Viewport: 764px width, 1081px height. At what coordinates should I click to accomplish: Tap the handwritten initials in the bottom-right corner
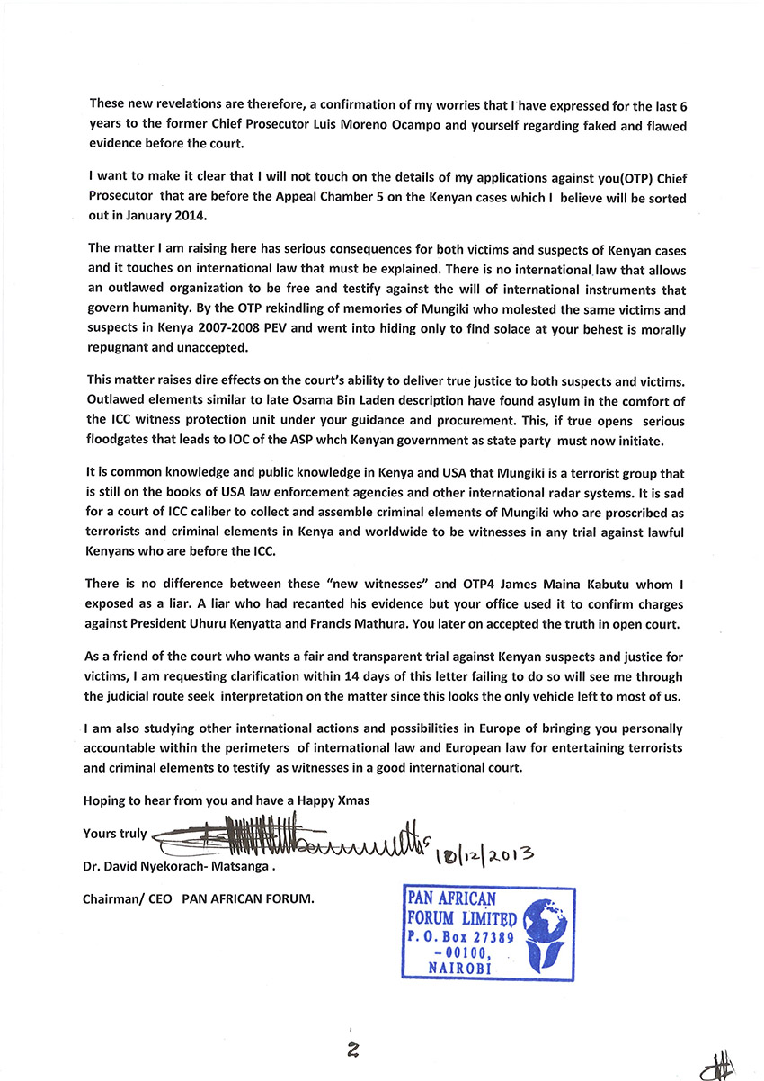719,1067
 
